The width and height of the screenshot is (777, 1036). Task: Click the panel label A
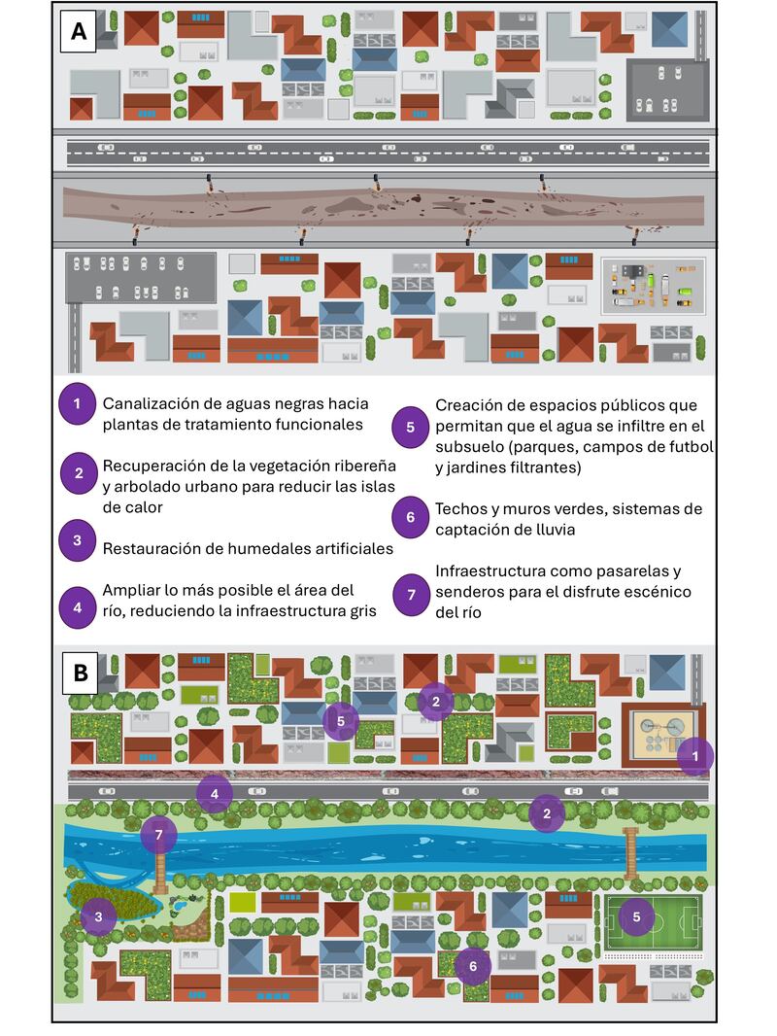coord(79,33)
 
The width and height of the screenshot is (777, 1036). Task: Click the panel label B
coord(80,672)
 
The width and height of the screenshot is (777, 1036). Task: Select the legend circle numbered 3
coord(77,539)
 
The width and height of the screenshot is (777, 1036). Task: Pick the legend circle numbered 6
coord(411,518)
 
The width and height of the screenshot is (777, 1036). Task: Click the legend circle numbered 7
coord(411,591)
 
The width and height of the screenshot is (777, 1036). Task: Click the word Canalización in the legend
coord(153,403)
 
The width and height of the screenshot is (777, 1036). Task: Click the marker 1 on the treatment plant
coord(694,755)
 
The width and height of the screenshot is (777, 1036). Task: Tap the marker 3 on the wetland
coord(98,915)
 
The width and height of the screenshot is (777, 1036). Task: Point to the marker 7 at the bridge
coord(159,834)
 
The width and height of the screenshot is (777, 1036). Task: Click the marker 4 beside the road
coord(215,794)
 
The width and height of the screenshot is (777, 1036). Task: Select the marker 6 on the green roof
coord(473,965)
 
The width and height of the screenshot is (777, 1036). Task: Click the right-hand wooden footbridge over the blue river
coord(631,852)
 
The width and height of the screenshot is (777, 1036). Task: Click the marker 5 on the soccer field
coord(636,916)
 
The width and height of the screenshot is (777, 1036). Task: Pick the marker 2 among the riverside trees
coord(547,813)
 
